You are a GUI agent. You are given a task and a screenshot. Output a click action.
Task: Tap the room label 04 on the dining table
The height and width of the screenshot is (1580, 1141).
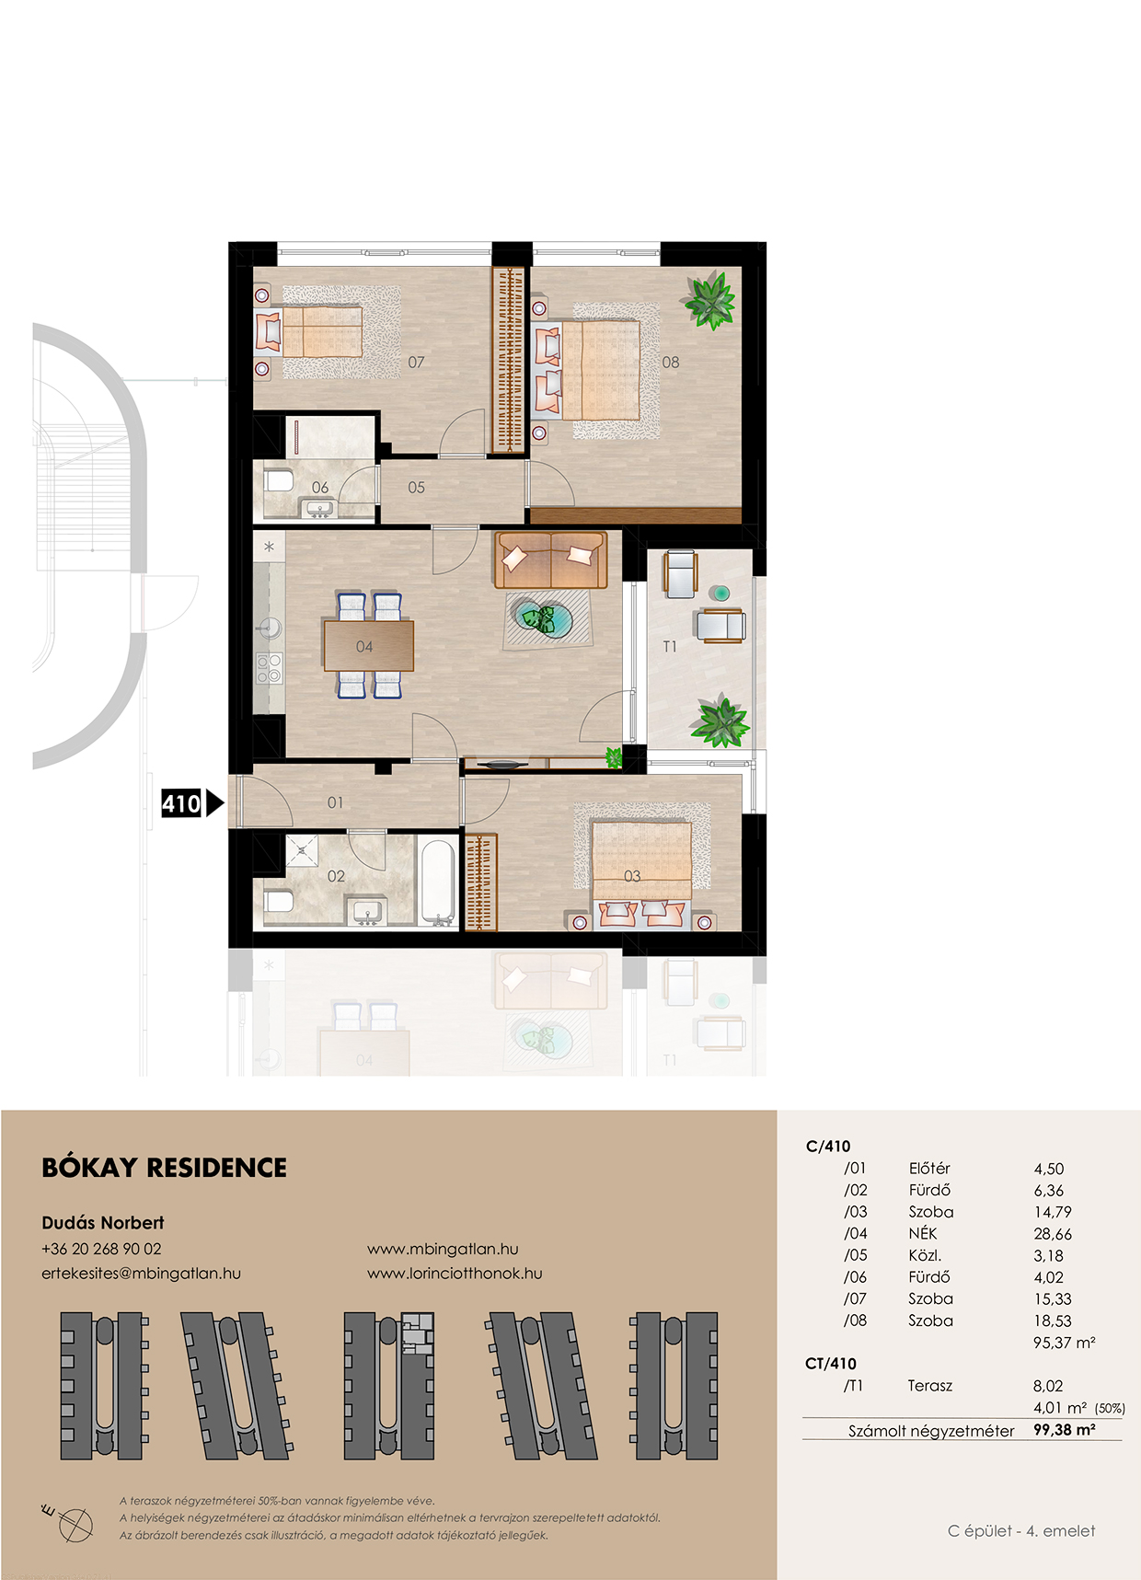364,647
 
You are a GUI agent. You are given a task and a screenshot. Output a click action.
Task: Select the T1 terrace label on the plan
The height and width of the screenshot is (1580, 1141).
670,647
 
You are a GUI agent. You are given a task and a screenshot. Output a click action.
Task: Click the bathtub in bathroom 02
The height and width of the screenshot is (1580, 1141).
438,881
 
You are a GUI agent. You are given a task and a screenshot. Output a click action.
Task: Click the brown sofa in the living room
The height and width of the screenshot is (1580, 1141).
551,559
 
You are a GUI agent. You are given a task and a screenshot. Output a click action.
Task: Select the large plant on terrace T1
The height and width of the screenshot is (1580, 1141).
720,722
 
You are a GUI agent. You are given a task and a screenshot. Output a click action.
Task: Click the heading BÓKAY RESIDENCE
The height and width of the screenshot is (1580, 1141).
164,1168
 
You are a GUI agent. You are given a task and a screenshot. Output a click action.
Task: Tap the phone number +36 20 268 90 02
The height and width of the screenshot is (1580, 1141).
101,1249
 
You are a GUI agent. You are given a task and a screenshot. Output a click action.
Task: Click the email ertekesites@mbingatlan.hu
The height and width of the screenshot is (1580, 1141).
141,1274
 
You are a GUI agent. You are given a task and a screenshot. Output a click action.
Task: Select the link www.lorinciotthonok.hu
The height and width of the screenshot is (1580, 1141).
455,1274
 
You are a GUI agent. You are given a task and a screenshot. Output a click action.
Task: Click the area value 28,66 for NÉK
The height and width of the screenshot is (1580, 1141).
1053,1234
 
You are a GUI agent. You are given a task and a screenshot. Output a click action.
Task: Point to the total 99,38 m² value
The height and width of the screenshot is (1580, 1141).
1065,1430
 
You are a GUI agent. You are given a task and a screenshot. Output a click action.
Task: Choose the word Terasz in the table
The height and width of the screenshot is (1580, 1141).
930,1386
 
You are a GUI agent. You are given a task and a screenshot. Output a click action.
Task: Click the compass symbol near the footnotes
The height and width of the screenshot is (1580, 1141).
74,1523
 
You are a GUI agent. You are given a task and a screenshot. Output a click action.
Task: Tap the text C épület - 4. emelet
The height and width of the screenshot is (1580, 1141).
1021,1531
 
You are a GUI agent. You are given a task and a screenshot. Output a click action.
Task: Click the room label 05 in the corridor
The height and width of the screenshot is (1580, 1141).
417,488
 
